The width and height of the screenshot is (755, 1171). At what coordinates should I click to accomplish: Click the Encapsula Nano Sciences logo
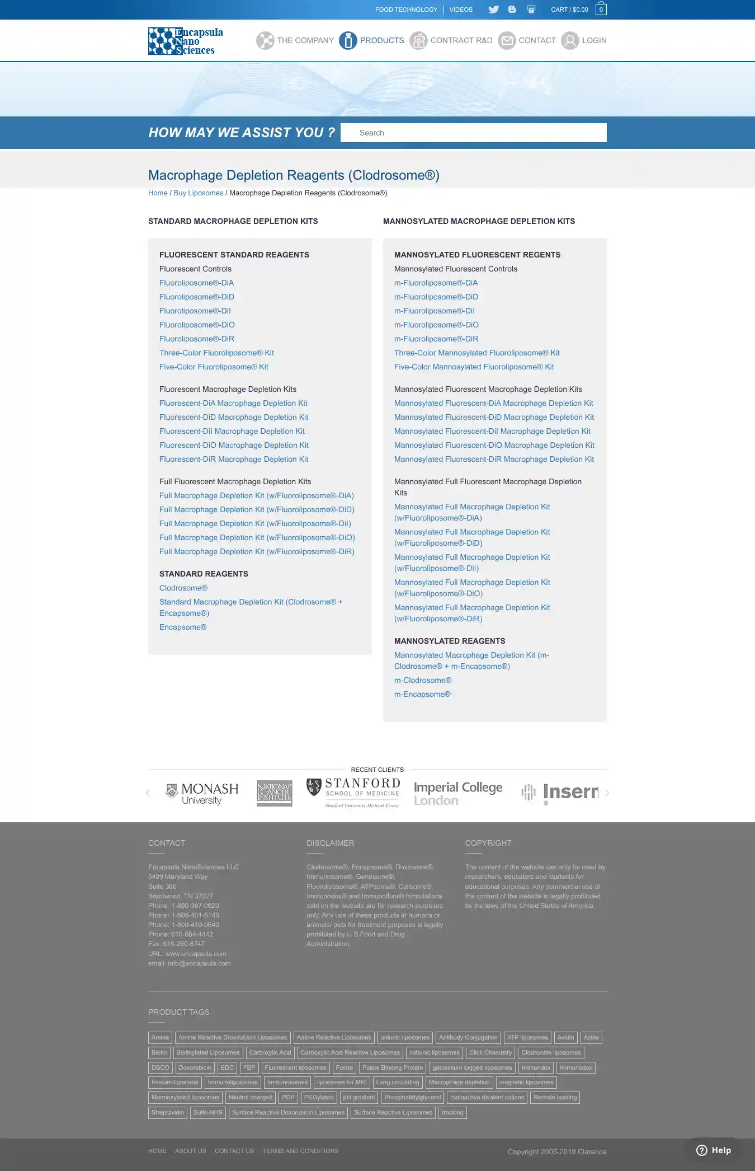185,41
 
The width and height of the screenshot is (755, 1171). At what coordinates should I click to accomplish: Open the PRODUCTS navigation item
372,40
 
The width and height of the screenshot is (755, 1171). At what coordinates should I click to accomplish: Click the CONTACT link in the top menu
527,40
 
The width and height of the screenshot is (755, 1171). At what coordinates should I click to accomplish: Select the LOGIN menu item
584,40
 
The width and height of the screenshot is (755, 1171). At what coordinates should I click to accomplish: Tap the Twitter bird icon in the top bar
493,10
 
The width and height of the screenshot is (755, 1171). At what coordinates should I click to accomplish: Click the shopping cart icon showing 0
601,9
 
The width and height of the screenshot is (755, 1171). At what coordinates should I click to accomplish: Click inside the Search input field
473,133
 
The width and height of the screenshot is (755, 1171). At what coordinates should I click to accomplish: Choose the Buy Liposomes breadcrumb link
198,193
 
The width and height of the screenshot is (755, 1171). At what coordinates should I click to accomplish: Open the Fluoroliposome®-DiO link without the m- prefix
197,325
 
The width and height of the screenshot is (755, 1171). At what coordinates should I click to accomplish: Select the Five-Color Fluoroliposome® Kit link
214,367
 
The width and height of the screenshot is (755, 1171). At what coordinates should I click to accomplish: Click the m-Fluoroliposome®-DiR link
436,339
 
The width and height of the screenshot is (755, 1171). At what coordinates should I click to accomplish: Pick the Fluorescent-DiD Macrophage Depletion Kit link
234,417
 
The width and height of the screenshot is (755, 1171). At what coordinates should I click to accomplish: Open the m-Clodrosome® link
423,680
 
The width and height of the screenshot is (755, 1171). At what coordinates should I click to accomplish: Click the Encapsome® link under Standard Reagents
183,627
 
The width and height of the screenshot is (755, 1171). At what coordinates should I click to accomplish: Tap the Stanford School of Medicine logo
353,793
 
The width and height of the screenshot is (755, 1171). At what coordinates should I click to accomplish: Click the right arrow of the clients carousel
607,793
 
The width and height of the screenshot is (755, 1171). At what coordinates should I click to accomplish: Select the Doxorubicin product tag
195,1067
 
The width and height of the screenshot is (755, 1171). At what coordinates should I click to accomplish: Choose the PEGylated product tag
318,1097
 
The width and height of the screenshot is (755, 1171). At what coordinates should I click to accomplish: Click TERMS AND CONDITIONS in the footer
300,1151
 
